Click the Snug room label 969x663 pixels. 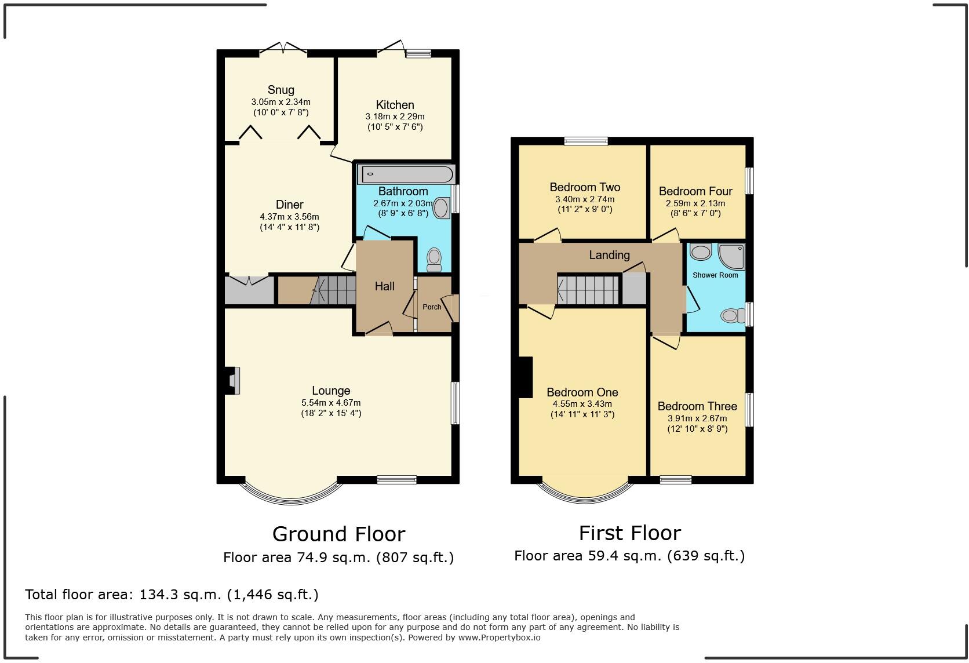click(x=280, y=90)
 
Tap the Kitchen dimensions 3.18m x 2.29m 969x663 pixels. click(x=395, y=116)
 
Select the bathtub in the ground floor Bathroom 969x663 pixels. click(x=406, y=174)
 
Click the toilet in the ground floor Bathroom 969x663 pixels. click(x=434, y=260)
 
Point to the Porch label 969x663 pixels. click(x=432, y=307)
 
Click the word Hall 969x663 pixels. click(x=385, y=286)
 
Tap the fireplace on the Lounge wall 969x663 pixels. click(x=232, y=381)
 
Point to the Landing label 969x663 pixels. click(x=609, y=255)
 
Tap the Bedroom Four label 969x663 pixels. click(x=695, y=191)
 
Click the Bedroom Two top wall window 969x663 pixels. click(x=586, y=141)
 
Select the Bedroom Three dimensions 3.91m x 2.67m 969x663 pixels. click(x=697, y=418)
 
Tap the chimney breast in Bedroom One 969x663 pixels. click(x=526, y=377)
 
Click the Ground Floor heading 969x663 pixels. click(x=338, y=534)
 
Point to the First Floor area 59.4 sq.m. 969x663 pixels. click(x=629, y=556)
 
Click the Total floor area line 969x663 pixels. click(x=172, y=595)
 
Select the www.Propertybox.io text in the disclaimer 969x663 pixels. click(x=499, y=637)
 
